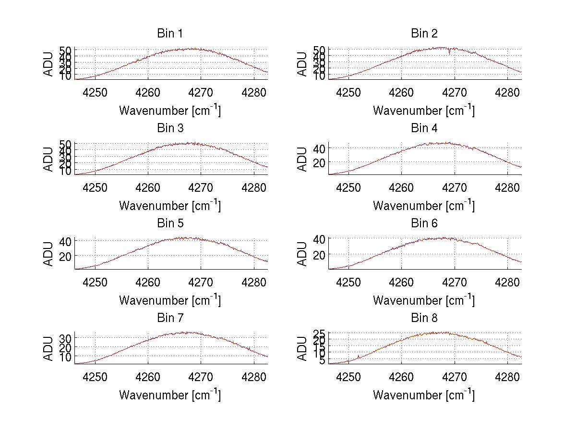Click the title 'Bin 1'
169,34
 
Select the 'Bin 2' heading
424,34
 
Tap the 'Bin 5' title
169,223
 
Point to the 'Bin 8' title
424,318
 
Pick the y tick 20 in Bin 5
65,256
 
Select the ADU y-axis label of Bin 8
302,348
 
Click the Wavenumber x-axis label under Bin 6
424,300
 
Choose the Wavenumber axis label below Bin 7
170,395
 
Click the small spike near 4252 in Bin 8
359,356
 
